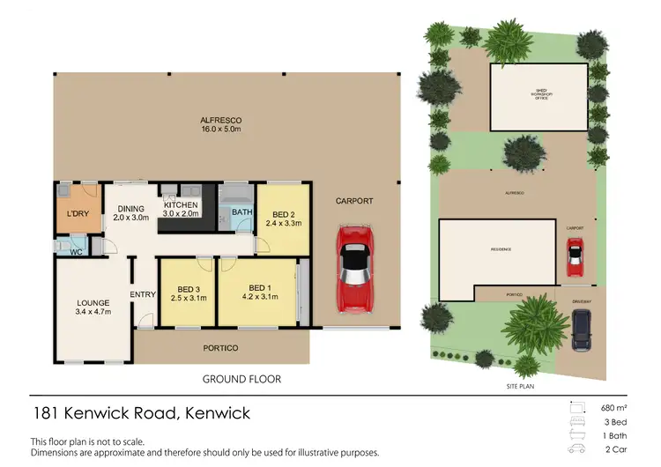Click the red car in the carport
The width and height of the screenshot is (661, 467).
coord(354,268)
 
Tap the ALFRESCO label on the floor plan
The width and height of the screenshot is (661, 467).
coord(221,120)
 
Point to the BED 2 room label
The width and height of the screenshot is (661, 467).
coord(283,214)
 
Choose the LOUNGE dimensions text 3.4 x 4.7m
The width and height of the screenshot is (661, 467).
coord(93,312)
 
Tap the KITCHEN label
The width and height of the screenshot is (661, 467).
coord(181,204)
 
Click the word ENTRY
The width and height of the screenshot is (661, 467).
coord(143,294)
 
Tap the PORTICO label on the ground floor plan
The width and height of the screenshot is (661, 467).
coord(221,348)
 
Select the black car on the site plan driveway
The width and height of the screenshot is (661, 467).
coord(583,333)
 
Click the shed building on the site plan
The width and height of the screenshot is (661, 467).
coord(538,98)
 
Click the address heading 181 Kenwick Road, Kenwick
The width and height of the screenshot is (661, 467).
coord(141,413)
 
